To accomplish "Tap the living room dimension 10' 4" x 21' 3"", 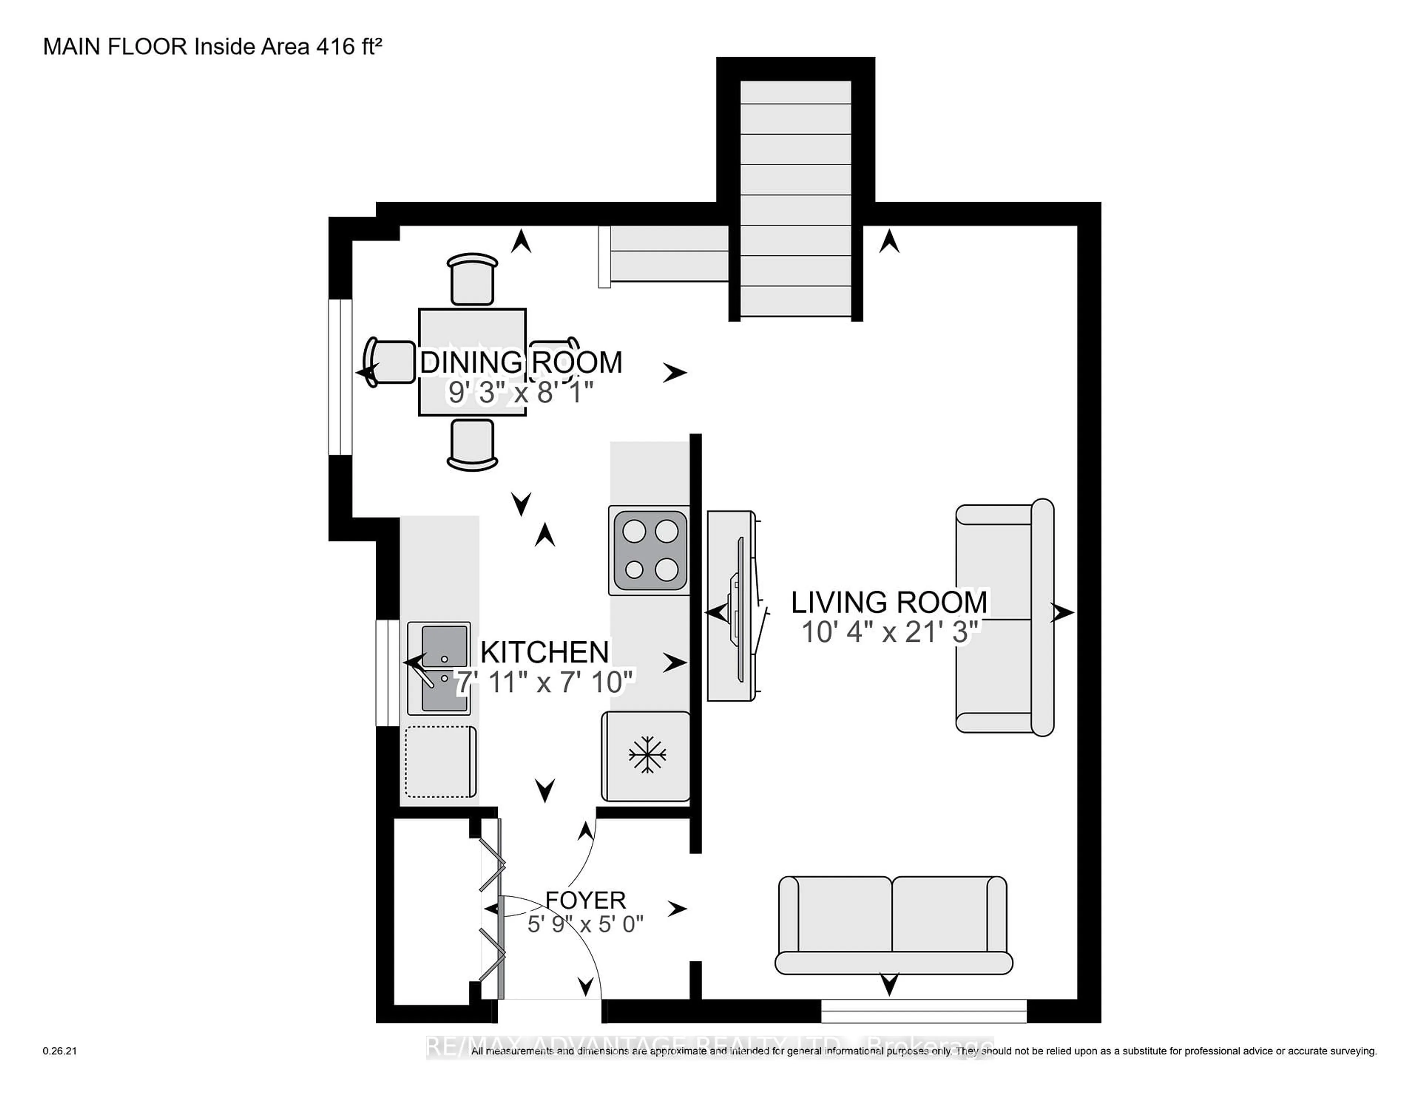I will (889, 632).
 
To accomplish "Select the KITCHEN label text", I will (545, 652).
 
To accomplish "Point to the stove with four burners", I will (649, 550).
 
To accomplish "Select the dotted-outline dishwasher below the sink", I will (440, 762).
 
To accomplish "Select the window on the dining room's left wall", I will (340, 377).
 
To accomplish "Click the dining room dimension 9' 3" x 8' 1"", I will (521, 393).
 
